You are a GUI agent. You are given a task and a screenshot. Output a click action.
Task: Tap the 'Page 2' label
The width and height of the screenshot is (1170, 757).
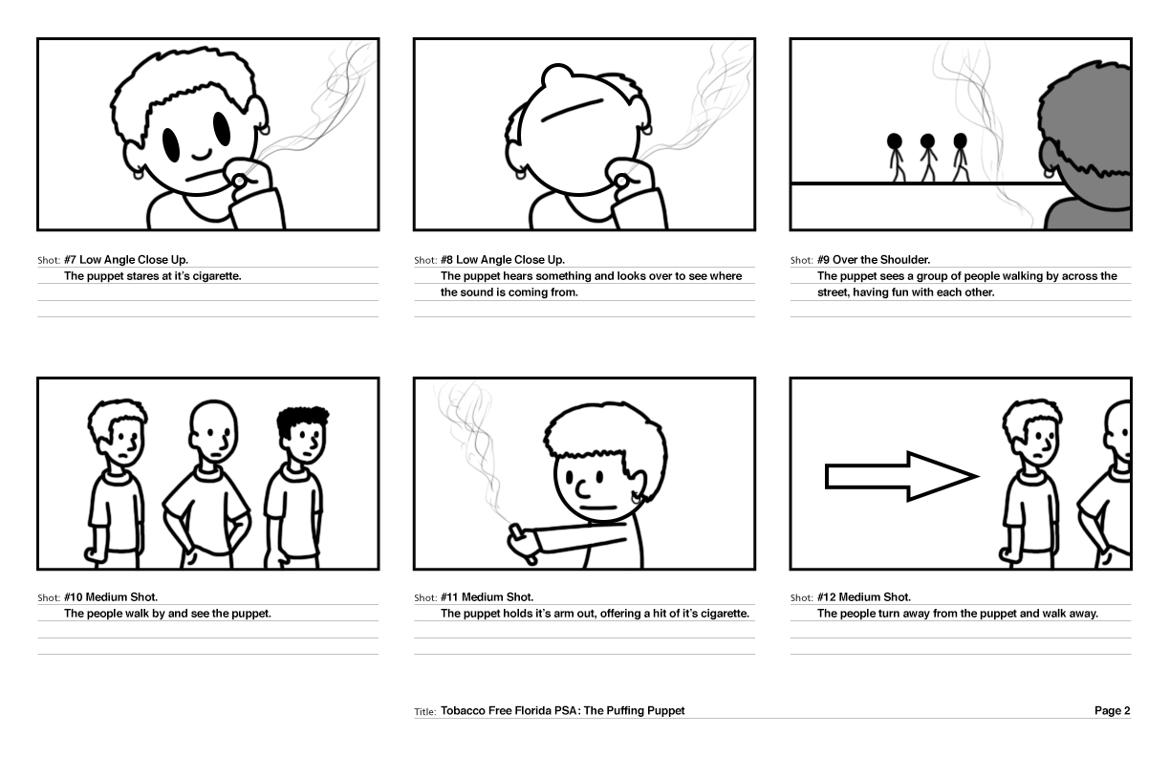pyautogui.click(x=1112, y=711)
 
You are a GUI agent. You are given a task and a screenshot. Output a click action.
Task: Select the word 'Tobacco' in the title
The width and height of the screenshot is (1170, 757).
pyautogui.click(x=464, y=711)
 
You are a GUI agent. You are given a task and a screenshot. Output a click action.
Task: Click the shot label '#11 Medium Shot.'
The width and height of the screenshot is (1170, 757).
pyautogui.click(x=487, y=597)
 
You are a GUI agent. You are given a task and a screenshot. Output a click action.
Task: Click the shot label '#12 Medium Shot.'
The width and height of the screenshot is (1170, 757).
pyautogui.click(x=863, y=597)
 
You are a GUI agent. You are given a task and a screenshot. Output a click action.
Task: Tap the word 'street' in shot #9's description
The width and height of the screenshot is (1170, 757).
pyautogui.click(x=834, y=292)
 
